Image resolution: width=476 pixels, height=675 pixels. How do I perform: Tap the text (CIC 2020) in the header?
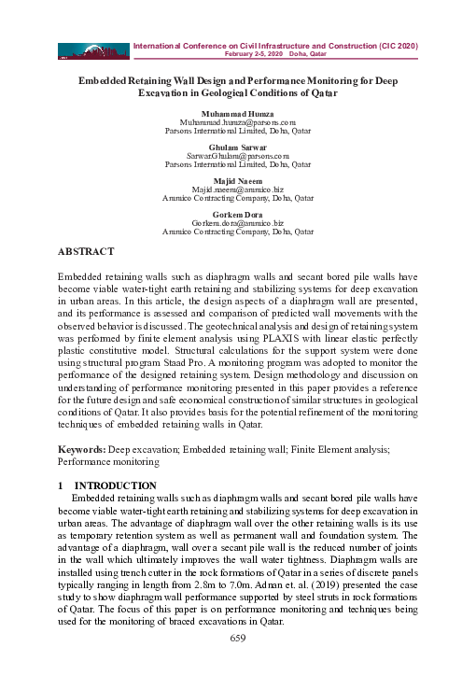(396, 45)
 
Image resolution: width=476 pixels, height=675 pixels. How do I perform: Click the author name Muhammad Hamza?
(238, 113)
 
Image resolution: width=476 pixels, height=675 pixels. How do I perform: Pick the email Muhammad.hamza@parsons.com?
(238, 122)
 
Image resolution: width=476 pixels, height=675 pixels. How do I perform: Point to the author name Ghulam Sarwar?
(238, 147)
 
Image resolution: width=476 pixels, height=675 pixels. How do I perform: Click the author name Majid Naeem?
(238, 180)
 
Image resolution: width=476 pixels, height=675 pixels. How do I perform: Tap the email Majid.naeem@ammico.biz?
(238, 190)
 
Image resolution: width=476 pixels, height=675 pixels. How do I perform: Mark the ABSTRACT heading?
(86, 252)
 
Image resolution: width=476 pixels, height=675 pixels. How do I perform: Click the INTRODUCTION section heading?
(115, 485)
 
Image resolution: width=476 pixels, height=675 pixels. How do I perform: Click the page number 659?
(238, 638)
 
